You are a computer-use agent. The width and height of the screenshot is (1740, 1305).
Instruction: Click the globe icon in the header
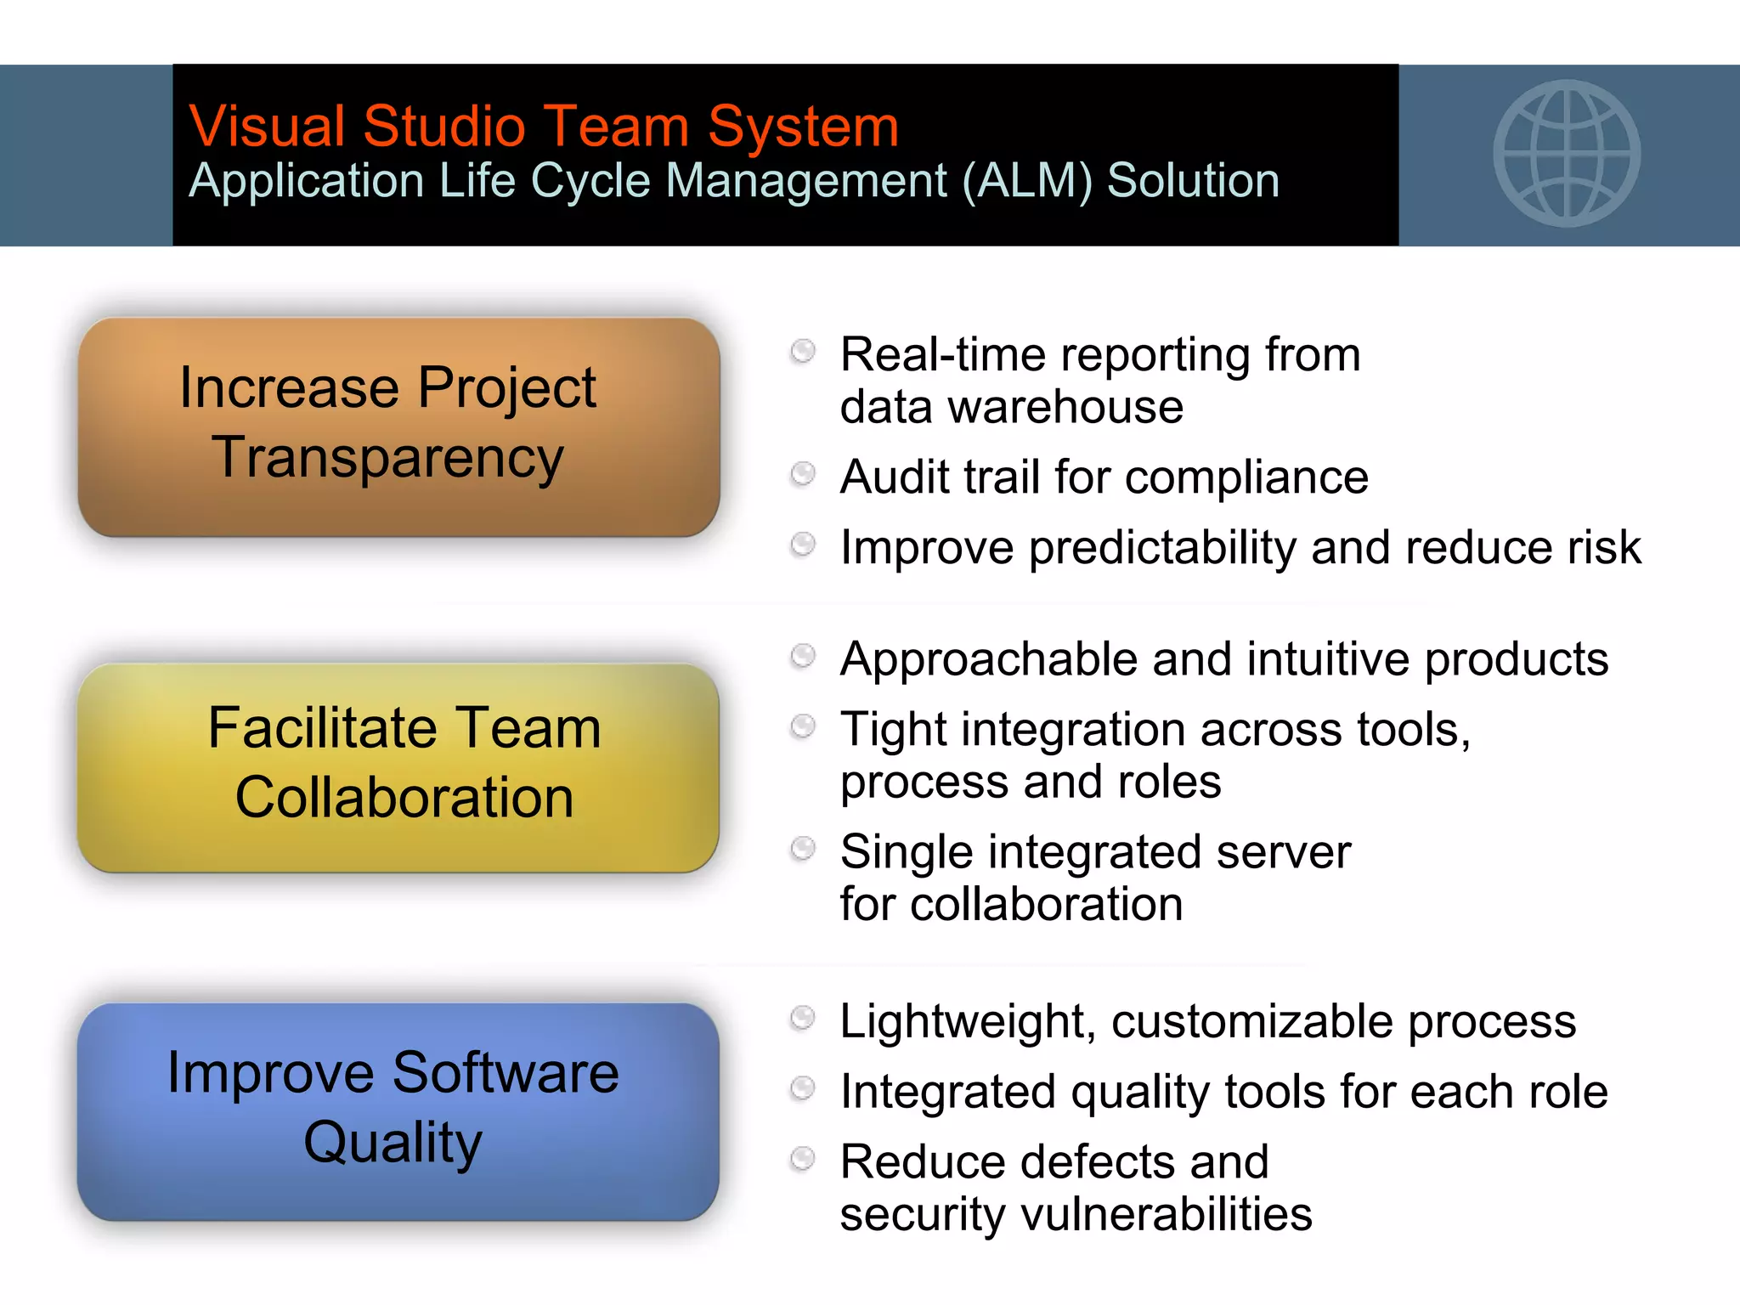(1567, 154)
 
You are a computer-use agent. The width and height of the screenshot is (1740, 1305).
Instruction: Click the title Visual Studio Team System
(544, 127)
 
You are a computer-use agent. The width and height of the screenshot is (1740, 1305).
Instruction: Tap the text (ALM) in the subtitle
(1026, 181)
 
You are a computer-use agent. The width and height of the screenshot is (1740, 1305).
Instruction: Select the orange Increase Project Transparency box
(398, 427)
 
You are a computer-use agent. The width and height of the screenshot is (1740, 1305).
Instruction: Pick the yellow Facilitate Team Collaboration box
(398, 767)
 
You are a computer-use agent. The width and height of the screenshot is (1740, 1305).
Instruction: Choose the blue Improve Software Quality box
(398, 1111)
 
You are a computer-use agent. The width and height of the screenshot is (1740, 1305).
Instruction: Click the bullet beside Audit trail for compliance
(803, 473)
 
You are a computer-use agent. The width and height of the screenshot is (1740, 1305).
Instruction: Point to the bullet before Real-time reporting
(803, 351)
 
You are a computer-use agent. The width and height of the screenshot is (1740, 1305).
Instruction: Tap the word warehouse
(1065, 407)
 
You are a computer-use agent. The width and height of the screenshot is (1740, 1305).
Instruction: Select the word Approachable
(989, 659)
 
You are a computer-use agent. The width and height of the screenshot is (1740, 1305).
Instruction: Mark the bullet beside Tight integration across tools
(803, 726)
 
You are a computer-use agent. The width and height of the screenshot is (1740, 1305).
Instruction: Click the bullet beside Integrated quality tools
(803, 1088)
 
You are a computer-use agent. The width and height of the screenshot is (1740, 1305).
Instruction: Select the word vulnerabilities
(1167, 1214)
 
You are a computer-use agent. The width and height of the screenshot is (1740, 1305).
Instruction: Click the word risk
(1605, 547)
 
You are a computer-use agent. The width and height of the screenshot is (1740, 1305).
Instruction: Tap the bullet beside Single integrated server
(803, 849)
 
